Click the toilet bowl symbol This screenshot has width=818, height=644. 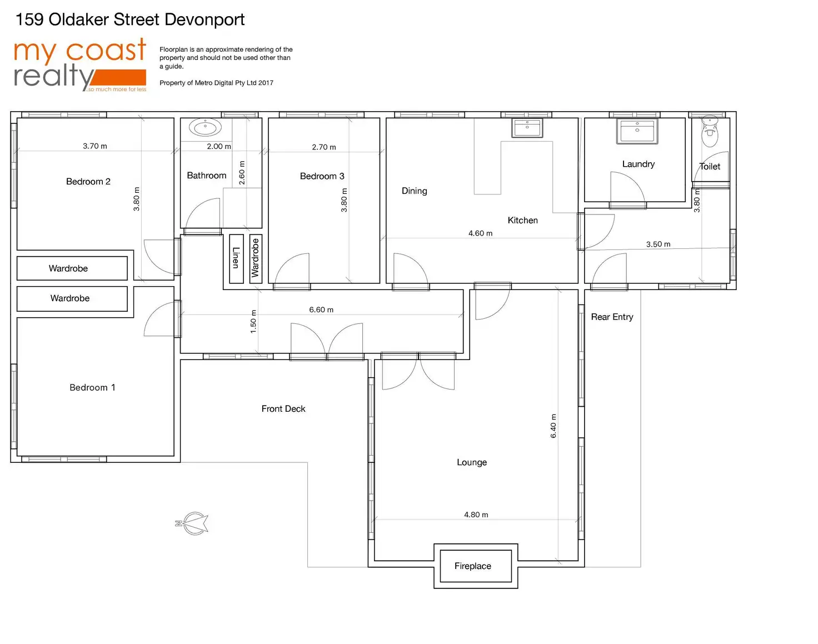709,131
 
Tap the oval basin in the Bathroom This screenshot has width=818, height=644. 205,127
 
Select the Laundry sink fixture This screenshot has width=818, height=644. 637,131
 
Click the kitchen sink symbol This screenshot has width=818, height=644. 527,128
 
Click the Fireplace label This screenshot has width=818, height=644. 472,566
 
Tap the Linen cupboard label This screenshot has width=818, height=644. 236,258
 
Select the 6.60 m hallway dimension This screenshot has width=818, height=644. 321,309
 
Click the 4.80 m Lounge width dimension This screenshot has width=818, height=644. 476,515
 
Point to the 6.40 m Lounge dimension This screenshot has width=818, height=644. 553,426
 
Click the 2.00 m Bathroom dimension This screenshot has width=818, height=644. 219,146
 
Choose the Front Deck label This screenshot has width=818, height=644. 283,408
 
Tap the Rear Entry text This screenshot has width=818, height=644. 612,317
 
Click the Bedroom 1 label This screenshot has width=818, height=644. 92,387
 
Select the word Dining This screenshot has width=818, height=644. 415,191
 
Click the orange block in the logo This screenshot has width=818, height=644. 118,77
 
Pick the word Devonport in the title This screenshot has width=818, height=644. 205,20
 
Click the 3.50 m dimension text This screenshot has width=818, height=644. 659,244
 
